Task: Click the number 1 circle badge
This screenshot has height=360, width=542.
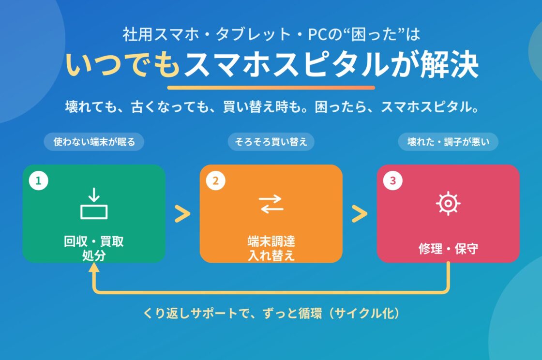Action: pos(39,180)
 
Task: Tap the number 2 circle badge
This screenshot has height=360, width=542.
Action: pos(216,180)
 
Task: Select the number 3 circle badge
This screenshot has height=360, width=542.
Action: pos(392,180)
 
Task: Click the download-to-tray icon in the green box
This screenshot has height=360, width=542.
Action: pos(94,204)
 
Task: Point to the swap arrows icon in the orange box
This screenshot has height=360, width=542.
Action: pos(271,204)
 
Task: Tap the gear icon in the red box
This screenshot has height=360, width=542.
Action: pos(448,204)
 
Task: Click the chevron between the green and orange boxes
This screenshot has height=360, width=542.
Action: pos(182,214)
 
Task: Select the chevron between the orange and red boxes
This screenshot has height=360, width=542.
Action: pos(360,214)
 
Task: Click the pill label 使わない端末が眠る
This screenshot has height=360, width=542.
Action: pos(94,142)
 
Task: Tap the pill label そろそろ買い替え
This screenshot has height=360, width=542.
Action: pos(271,142)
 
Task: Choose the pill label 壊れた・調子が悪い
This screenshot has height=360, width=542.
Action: pos(448,142)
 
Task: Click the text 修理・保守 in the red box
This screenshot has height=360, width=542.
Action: pos(448,248)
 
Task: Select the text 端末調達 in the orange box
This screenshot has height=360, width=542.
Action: pos(271,241)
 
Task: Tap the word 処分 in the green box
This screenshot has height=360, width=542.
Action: pos(94,255)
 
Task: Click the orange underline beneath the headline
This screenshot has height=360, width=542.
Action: pos(271,88)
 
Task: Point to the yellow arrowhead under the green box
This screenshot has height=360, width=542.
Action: pos(94,267)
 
